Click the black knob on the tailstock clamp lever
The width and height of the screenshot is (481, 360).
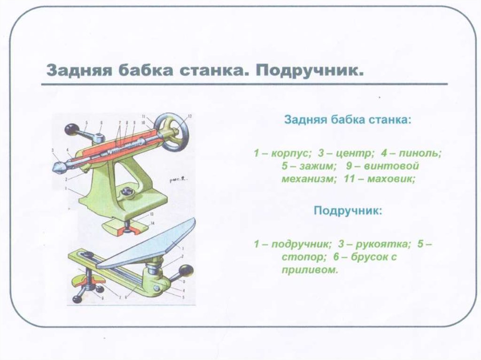(71, 128)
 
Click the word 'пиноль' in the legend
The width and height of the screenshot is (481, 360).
(421, 153)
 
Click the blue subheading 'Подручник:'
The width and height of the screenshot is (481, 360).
(348, 210)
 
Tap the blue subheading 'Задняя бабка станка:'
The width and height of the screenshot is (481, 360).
(348, 120)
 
